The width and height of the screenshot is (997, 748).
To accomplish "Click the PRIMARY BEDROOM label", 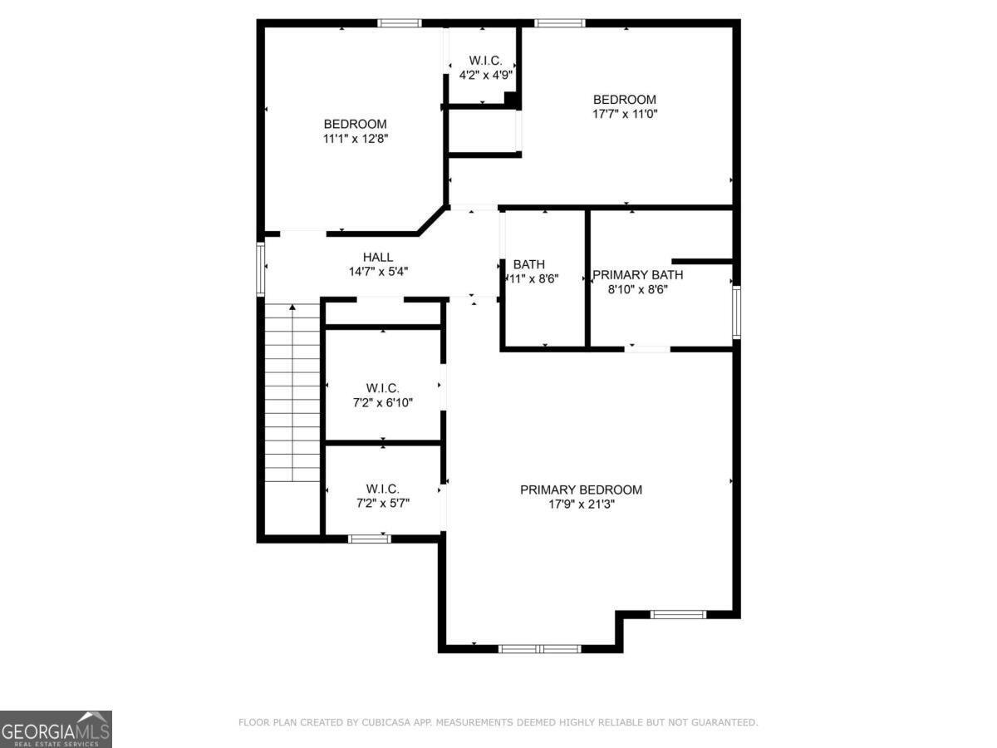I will [581, 490].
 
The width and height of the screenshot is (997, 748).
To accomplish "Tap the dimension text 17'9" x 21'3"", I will [581, 504].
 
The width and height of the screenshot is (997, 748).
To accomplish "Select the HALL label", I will [378, 257].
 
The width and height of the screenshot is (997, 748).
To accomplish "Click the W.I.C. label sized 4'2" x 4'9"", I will [486, 60].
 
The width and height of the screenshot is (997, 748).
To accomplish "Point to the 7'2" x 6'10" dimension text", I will [383, 402].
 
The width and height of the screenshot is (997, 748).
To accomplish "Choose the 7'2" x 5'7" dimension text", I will [383, 503].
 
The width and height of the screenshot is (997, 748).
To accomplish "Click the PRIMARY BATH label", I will [637, 275].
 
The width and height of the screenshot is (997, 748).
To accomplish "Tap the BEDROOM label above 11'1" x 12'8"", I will [356, 124].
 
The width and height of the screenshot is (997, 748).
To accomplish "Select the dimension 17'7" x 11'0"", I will [625, 114].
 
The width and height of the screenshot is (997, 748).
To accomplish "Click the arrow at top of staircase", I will [292, 308].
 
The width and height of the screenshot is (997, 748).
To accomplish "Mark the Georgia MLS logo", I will [56, 729].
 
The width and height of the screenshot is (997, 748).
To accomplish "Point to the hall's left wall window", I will [260, 268].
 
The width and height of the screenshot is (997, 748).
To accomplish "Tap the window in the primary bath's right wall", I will [736, 312].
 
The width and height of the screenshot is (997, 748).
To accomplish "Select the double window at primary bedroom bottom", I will [540, 648].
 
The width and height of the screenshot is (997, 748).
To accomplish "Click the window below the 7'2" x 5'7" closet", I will [369, 539].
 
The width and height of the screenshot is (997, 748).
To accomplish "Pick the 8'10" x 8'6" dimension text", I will [637, 290].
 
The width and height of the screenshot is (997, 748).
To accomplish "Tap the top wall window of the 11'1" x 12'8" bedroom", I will [400, 23].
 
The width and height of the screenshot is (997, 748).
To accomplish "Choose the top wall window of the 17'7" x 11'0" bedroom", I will [559, 23].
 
